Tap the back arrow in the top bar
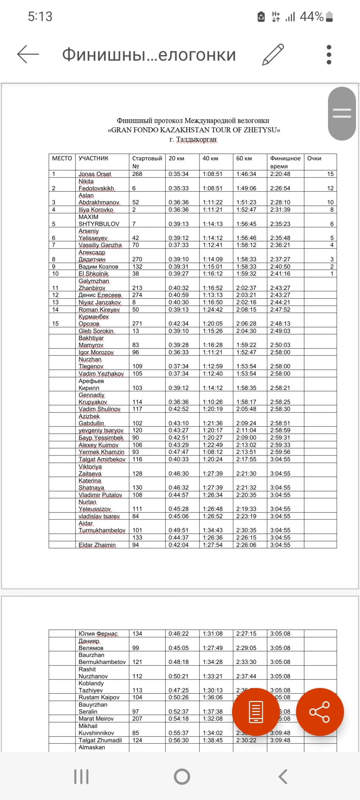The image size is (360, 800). point(28,54)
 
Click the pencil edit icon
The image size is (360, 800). point(273,54)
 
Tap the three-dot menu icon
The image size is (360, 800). point(329,54)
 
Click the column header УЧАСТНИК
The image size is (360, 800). point(93,158)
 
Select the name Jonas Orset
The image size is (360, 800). point(95,174)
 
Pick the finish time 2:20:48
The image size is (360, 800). point(280,174)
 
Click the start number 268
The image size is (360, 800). point(137,174)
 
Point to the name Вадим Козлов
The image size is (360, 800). point(98,267)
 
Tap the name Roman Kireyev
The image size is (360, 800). point(99,310)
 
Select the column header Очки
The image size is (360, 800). point(314,158)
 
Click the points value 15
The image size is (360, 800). point(330,174)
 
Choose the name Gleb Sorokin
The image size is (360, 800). point(96,331)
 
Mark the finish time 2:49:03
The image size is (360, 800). point(280,331)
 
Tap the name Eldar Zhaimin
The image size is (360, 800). point(97,545)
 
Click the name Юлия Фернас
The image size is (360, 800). point(98,634)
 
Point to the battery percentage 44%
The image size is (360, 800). point(312,16)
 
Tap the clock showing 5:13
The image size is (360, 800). point(40,16)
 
